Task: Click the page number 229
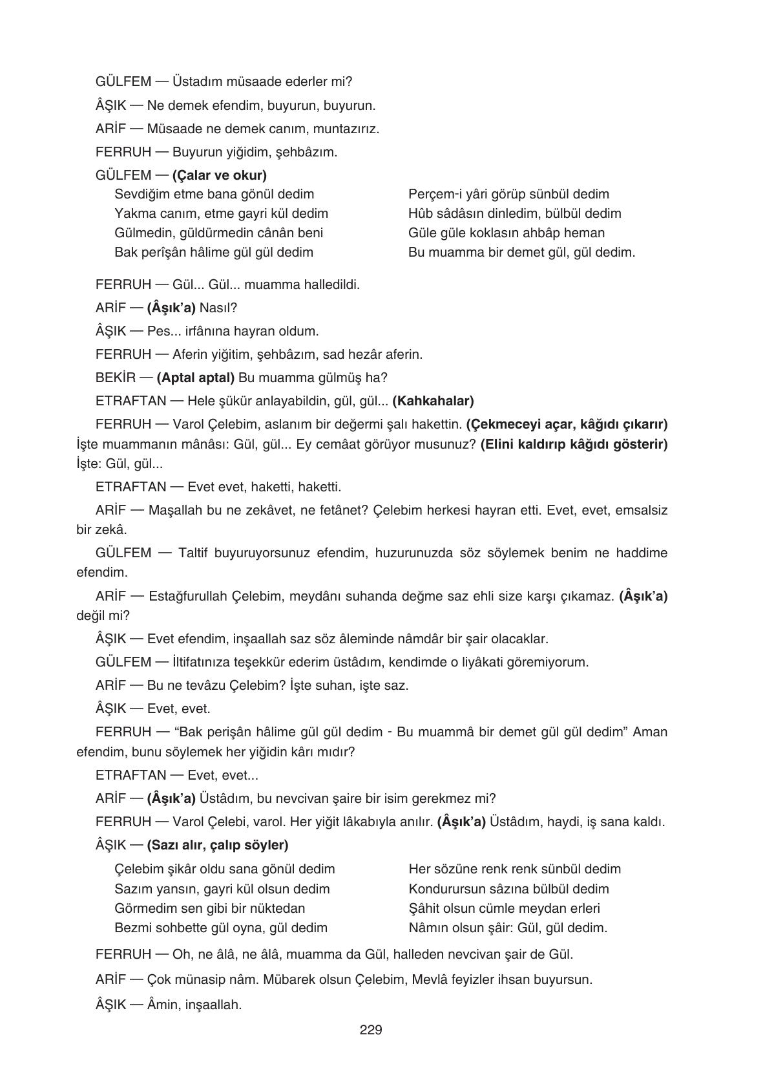pyautogui.click(x=371, y=1030)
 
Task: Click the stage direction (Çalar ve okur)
pyautogui.click(x=220, y=175)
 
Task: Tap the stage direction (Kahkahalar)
pyautogui.click(x=433, y=401)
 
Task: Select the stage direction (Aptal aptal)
pyautogui.click(x=196, y=378)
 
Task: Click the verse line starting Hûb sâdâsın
pyautogui.click(x=514, y=213)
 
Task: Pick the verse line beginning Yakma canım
pyautogui.click(x=221, y=213)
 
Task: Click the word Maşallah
pyautogui.click(x=176, y=510)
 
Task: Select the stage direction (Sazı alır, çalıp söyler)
pyautogui.click(x=218, y=845)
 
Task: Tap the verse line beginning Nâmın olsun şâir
pyautogui.click(x=508, y=928)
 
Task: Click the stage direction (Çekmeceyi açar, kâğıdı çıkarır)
pyautogui.click(x=567, y=424)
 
